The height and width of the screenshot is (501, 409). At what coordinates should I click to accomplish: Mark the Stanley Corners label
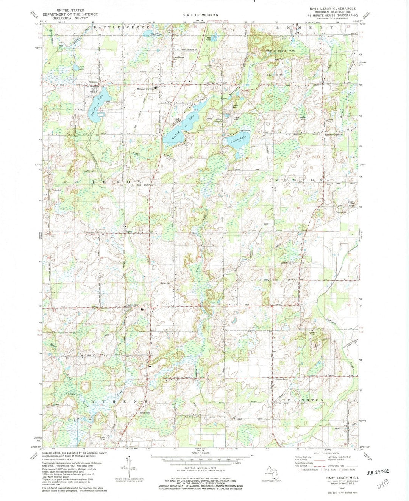pyautogui.click(x=334, y=134)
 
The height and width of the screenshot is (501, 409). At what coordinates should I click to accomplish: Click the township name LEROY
pyautogui.click(x=117, y=182)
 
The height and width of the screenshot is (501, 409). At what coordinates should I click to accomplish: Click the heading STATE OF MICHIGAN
pyautogui.click(x=200, y=15)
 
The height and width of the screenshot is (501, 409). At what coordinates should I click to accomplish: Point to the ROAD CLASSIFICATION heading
pyautogui.click(x=325, y=453)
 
